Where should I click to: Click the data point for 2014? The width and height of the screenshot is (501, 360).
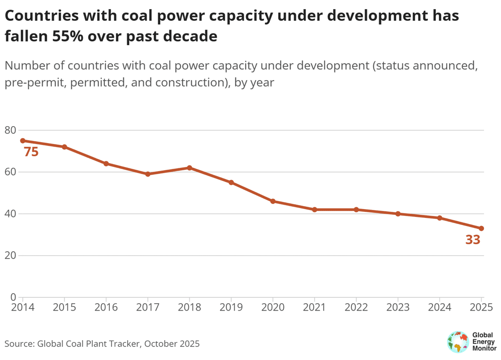coord(23,141)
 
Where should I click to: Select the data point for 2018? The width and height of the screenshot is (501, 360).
coord(189,168)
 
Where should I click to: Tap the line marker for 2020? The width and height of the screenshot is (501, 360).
coord(273,201)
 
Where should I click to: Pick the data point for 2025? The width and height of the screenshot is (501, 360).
coord(481,229)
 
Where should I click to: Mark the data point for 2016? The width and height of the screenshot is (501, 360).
coord(106,164)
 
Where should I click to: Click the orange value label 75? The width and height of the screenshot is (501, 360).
coord(31,152)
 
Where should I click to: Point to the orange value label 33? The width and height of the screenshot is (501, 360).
coord(472,240)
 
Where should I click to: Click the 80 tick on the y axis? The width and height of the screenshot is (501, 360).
coord(10,130)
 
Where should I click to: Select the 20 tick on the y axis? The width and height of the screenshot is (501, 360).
coord(10,256)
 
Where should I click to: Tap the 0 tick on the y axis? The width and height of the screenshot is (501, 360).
coord(13,297)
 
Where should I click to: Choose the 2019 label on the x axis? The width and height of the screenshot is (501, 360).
coord(231,307)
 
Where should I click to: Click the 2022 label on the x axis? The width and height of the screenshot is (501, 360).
coord(356,307)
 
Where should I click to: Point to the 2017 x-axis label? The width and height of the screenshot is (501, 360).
coord(148,307)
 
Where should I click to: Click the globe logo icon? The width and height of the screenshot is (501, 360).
coord(457,342)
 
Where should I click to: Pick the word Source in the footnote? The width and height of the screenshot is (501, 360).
coord(18,344)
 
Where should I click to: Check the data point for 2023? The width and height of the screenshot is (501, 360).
coord(398,214)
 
